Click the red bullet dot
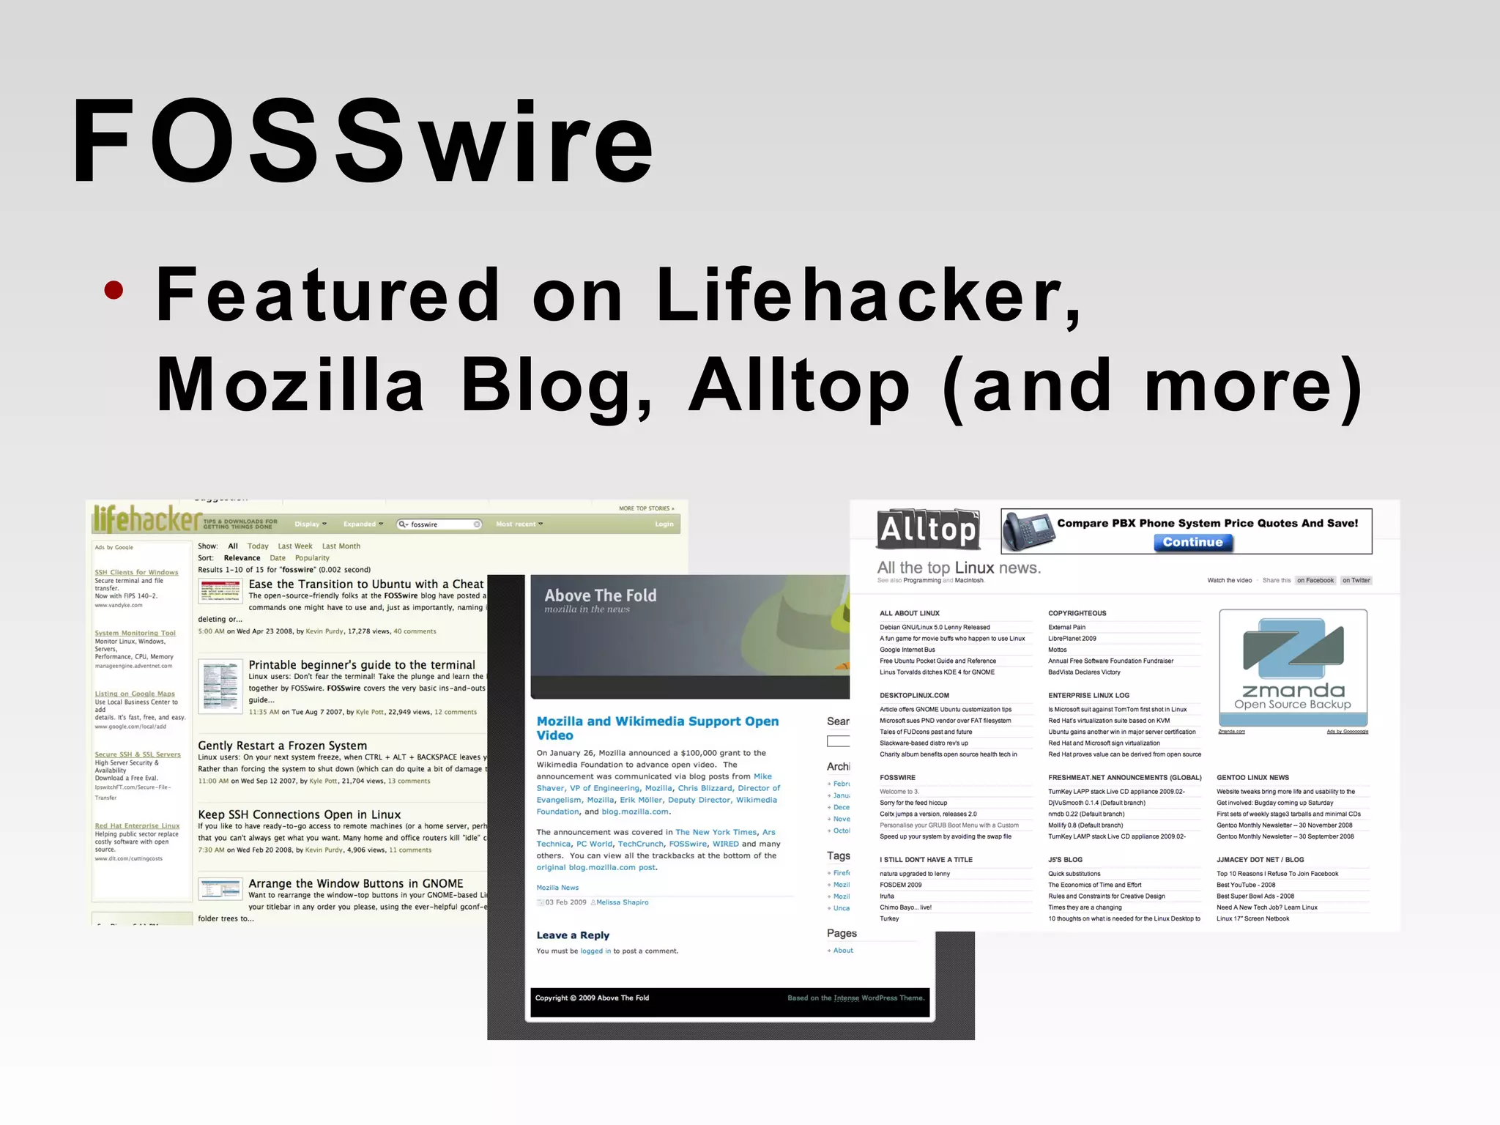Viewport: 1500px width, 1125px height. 114,291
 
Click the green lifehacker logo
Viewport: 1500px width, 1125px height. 146,519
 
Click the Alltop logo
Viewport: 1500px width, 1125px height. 928,529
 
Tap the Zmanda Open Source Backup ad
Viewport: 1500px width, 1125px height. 1293,668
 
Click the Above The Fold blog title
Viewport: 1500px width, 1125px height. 601,595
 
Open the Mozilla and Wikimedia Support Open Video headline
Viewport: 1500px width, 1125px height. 657,728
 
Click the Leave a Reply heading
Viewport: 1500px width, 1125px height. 573,935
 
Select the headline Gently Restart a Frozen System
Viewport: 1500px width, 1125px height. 282,746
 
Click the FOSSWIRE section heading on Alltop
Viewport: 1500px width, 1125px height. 897,778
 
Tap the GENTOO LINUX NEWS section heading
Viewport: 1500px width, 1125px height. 1252,778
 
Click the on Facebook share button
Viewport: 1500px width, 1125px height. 1315,581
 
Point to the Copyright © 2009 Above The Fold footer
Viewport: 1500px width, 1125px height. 592,998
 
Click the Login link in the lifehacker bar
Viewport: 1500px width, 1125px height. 664,524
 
